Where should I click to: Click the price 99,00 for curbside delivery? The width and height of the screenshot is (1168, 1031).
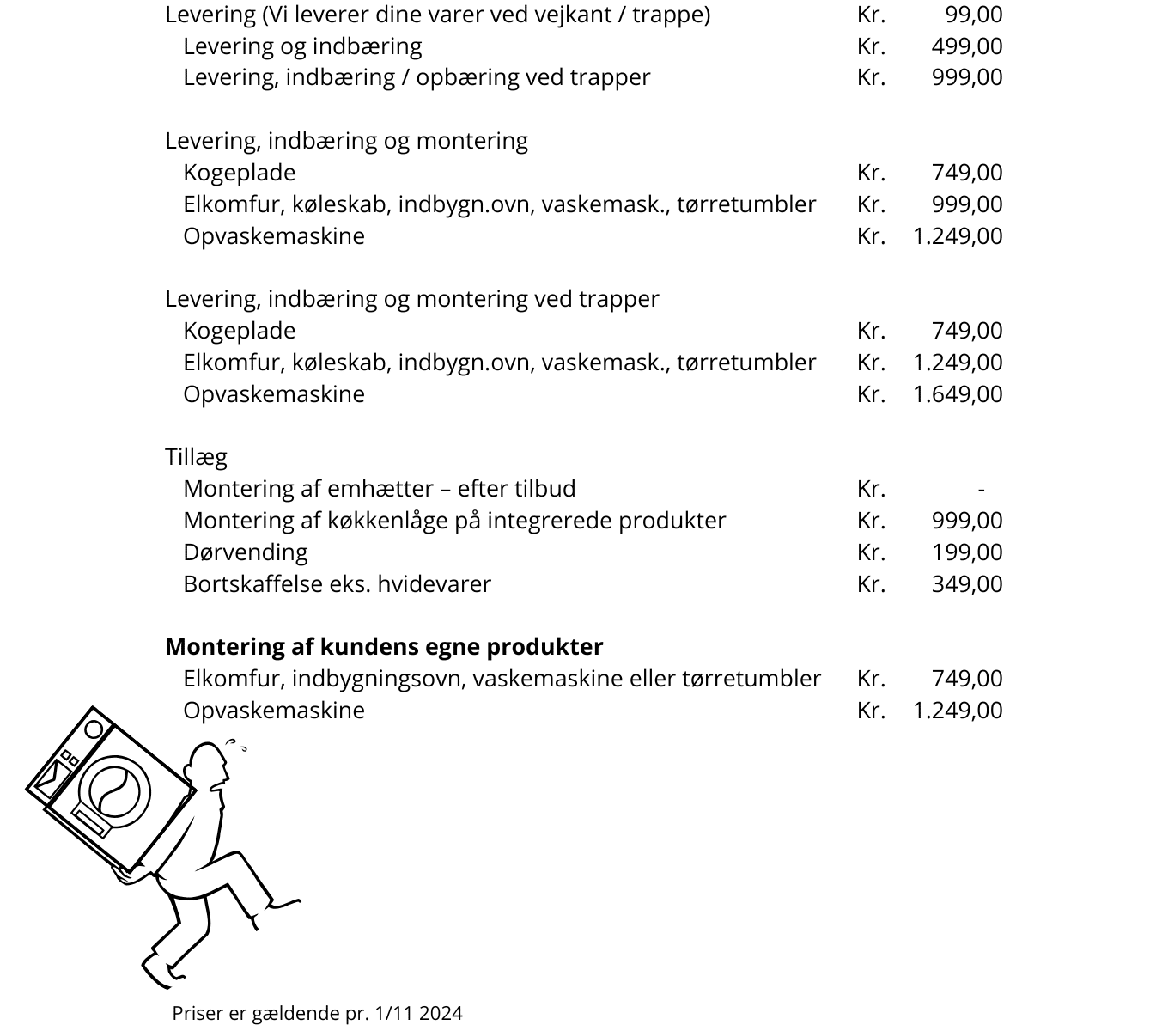pos(973,15)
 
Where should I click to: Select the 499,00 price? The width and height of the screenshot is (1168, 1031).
pos(966,46)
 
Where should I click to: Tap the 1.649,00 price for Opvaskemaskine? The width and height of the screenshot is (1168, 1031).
pos(957,394)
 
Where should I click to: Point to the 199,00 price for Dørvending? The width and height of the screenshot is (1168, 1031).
pos(966,552)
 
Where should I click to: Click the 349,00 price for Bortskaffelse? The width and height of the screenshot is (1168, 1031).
pos(966,584)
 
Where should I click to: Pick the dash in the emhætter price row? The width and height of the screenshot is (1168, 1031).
pos(981,490)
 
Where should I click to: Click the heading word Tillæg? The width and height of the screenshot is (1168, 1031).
pos(196,457)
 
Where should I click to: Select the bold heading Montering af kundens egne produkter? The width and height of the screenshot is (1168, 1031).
pos(384,647)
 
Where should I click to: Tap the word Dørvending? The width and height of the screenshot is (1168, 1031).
pos(245,552)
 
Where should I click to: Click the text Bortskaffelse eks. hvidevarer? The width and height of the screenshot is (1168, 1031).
pos(337,584)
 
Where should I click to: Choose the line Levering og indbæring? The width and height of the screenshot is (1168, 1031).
pos(302,46)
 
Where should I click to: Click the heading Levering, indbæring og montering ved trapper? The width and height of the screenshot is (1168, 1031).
pos(412,299)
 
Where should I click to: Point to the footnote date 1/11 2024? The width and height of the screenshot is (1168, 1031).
pos(418,1014)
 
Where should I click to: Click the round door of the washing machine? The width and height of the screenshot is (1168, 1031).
pos(114,792)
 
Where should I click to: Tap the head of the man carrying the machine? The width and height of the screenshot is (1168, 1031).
pos(208,765)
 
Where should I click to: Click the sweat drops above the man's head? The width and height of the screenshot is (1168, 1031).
pos(236,744)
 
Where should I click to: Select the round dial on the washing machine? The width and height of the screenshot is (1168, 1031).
pos(94,729)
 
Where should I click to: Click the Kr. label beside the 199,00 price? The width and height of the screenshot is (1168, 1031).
pos(870,552)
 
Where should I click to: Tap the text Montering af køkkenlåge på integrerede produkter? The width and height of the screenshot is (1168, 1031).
pos(454,521)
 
